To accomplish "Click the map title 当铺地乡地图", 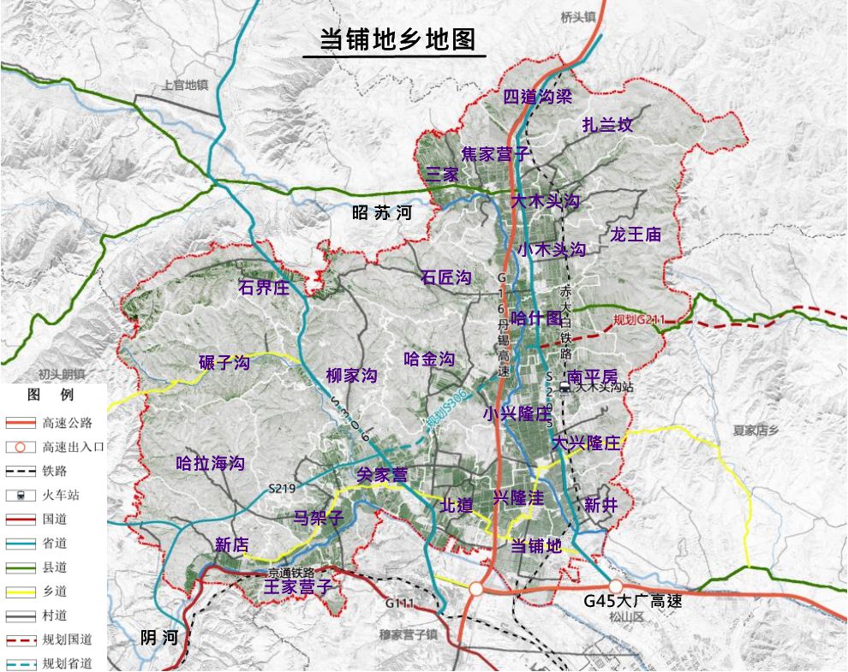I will point(394,40).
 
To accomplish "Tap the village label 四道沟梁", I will point(537,96).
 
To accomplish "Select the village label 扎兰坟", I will point(607,125).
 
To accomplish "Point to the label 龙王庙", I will point(636,234).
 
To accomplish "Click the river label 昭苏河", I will point(382,214).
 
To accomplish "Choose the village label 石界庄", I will point(264,287).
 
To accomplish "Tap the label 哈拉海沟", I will point(210,464).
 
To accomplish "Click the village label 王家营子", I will point(296,587).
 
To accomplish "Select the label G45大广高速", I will point(633,601).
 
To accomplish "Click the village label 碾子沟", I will point(224,363).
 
